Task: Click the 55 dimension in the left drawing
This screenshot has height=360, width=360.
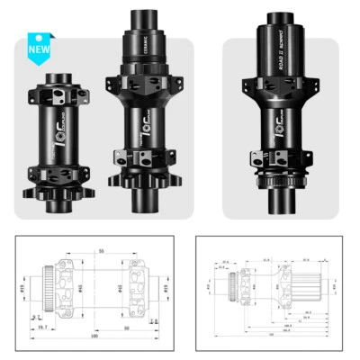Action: click(x=102, y=249)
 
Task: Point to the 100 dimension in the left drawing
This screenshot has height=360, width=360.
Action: click(x=93, y=336)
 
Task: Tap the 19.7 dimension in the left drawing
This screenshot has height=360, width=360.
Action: click(x=42, y=328)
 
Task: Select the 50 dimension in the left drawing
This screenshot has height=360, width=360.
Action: click(x=125, y=328)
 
